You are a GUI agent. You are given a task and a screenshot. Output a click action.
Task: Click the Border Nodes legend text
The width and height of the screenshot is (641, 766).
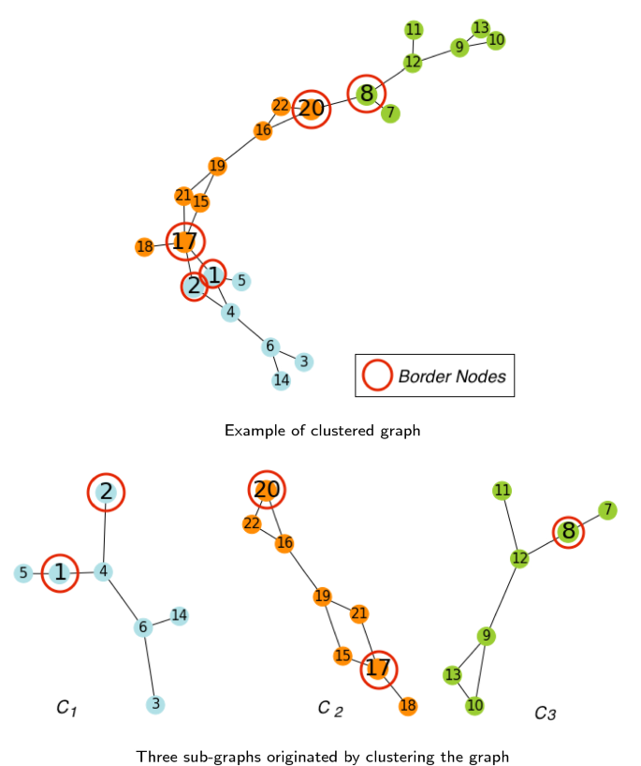tap(452, 376)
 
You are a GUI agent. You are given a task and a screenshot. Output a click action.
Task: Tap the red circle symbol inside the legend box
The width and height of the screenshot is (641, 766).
tap(377, 376)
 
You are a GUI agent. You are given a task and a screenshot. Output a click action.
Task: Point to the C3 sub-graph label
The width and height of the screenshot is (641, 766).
tap(546, 714)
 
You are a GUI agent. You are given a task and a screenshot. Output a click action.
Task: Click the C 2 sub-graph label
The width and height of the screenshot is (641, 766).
tap(330, 709)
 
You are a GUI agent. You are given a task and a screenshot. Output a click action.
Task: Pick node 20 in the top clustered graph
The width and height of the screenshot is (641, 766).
tap(312, 110)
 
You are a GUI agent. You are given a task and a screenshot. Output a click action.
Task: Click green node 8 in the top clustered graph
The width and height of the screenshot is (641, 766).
tap(367, 94)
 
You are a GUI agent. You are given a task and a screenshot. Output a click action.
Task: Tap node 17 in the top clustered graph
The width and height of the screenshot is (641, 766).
tap(184, 242)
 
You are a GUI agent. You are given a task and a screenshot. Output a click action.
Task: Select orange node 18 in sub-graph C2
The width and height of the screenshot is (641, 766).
tap(407, 706)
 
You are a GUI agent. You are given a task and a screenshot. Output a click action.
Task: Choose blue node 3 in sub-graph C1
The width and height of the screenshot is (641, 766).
tap(155, 704)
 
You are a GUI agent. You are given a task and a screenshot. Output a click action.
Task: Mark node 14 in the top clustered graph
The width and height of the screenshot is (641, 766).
tap(281, 380)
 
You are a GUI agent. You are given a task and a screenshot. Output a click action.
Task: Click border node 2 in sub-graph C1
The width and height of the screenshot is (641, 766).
tap(107, 492)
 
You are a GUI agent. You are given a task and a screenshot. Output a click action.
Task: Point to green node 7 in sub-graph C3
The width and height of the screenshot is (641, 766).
tap(607, 510)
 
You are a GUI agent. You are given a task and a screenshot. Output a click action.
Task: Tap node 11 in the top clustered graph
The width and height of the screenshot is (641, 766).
tap(414, 29)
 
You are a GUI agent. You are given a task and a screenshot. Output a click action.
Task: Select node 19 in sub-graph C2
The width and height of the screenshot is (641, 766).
tap(323, 597)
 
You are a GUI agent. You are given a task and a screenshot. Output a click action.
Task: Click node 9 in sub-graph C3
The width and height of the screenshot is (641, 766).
tap(486, 637)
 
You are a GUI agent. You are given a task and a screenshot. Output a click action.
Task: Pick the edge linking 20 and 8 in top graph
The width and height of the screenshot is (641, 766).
tap(339, 102)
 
